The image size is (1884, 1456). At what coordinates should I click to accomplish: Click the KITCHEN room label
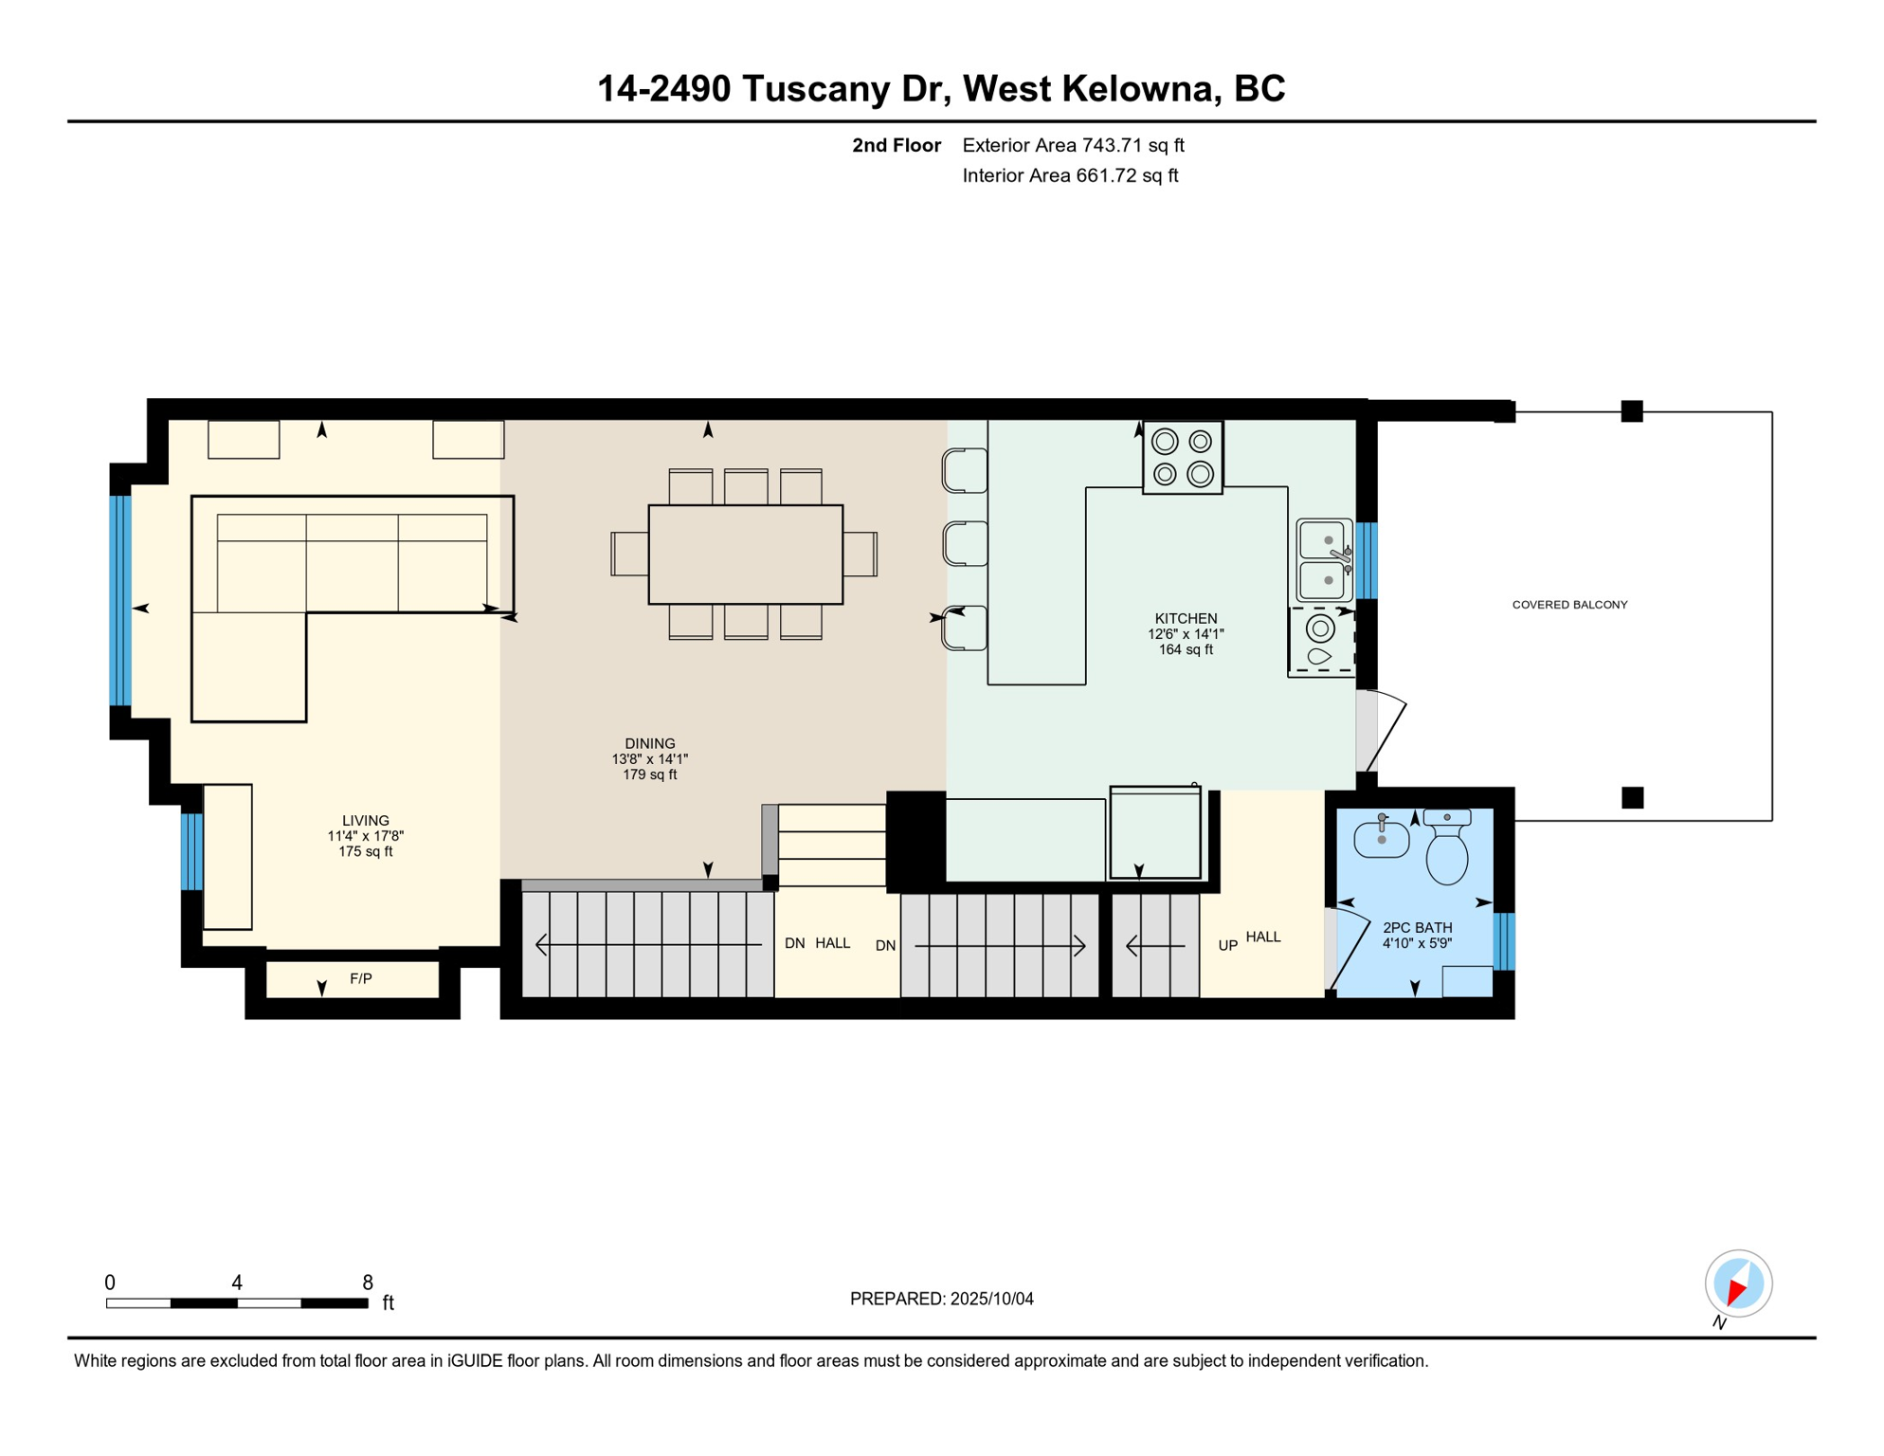(1186, 619)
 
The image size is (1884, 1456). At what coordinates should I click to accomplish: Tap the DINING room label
(650, 744)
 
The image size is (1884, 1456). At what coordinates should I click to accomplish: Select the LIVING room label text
(366, 821)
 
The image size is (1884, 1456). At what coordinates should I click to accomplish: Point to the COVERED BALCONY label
(1569, 605)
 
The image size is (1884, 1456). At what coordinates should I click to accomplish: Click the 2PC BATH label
(1417, 928)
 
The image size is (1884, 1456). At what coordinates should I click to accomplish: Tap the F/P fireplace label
(361, 979)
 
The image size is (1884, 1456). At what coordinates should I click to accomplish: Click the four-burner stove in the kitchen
(1183, 458)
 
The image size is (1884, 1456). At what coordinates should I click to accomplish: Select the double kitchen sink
(1324, 560)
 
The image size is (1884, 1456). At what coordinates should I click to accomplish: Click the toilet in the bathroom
(1447, 847)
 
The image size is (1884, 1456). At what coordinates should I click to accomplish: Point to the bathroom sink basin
(1381, 838)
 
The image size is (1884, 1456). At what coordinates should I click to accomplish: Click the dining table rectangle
(746, 555)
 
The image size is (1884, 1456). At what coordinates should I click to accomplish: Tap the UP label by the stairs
(1228, 946)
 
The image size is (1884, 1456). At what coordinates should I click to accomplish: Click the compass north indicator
(1738, 1284)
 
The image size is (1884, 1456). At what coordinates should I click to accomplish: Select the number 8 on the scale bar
(368, 1283)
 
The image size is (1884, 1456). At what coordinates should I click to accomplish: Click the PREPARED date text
(941, 1300)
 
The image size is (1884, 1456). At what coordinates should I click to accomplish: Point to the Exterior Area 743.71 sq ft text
(1073, 145)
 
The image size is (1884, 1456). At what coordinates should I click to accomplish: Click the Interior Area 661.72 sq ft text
(1070, 175)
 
